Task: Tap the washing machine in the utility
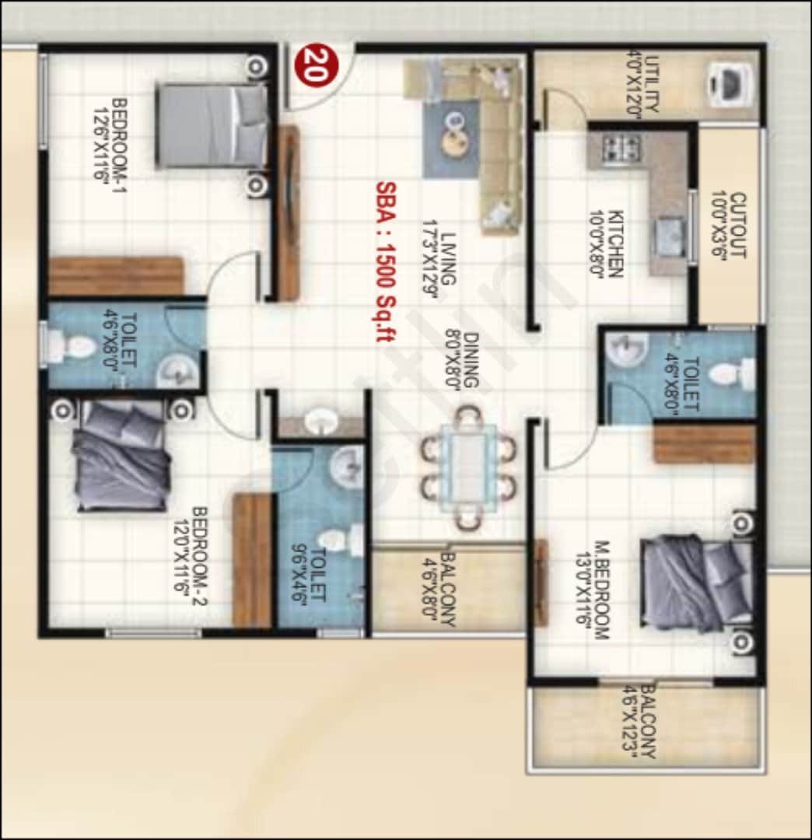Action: [x=730, y=83]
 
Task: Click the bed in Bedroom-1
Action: [x=210, y=126]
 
